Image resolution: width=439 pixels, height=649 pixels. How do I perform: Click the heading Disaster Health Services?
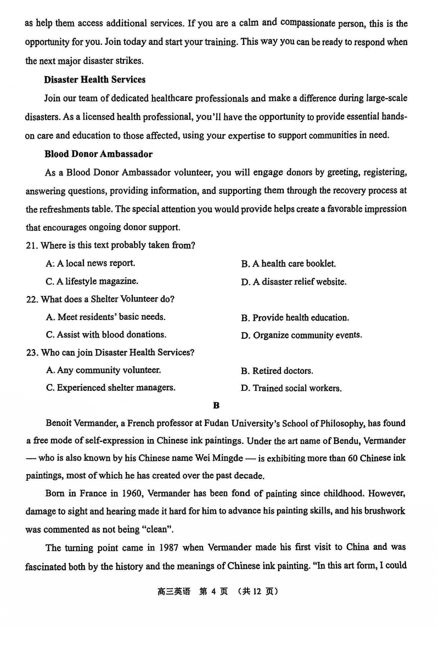click(94, 79)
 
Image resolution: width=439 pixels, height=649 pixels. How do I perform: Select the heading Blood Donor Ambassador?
click(98, 154)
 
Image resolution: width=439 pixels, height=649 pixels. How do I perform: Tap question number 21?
click(31, 246)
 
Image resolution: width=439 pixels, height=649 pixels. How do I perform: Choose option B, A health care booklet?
click(288, 264)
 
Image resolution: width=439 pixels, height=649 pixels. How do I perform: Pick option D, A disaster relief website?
click(294, 282)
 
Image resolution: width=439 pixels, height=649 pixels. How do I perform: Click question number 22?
click(31, 299)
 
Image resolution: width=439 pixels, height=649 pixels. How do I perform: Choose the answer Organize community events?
click(301, 335)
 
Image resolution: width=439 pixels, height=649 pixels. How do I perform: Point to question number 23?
click(31, 352)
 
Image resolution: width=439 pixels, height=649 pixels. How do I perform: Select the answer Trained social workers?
click(291, 389)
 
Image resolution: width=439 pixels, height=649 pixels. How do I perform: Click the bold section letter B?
click(216, 406)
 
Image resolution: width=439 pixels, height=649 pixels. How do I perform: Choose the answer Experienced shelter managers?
click(111, 388)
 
